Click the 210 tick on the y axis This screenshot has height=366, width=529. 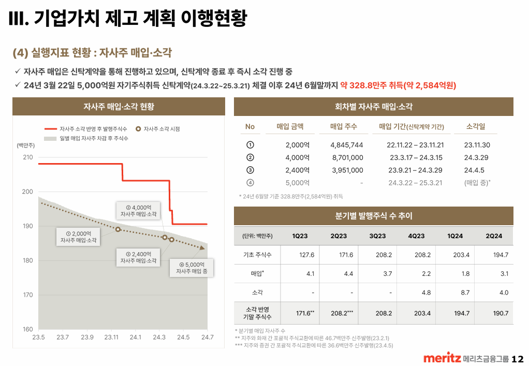(27, 157)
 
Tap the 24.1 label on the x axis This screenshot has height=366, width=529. (136, 338)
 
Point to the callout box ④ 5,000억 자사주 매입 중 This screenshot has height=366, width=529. (192, 268)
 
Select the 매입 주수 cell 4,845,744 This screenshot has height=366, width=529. (347, 145)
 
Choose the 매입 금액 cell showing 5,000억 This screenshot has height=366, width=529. (298, 183)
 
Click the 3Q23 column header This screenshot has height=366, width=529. (377, 236)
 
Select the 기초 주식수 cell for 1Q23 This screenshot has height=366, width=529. (307, 255)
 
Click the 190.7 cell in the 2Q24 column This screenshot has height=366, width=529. (501, 313)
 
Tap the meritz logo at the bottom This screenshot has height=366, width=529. (442, 358)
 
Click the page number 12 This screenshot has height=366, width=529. (518, 359)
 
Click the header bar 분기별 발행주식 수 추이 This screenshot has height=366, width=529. (373, 216)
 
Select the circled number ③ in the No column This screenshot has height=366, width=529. (250, 170)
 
